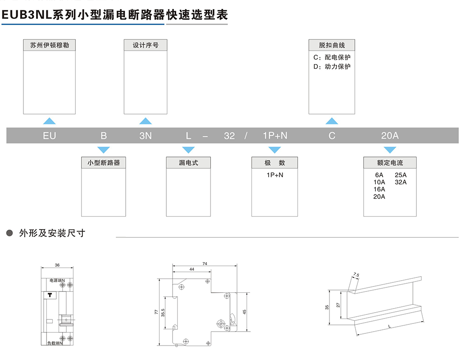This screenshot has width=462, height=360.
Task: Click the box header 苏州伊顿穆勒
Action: pyautogui.click(x=49, y=45)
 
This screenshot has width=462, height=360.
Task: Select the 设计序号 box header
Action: pyautogui.click(x=145, y=45)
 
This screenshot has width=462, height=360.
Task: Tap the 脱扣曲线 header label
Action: pyautogui.click(x=332, y=45)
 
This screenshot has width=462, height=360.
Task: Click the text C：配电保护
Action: pyautogui.click(x=332, y=57)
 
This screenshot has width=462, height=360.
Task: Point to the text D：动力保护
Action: pyautogui.click(x=332, y=67)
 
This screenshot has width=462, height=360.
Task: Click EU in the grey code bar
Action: pyautogui.click(x=49, y=136)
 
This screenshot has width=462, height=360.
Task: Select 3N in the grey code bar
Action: pyautogui.click(x=145, y=136)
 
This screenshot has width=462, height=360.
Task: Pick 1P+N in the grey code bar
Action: pyautogui.click(x=274, y=136)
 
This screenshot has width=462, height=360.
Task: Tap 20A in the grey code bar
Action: pyautogui.click(x=389, y=136)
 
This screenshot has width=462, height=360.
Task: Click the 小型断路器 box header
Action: pyautogui.click(x=104, y=162)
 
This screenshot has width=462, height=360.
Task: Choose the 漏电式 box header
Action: pyautogui.click(x=188, y=162)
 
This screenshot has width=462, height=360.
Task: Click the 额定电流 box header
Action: pyautogui.click(x=390, y=162)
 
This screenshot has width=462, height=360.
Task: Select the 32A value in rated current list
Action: pyautogui.click(x=401, y=182)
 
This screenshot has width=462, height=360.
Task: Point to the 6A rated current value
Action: pyautogui.click(x=379, y=175)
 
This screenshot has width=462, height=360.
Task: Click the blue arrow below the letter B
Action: pyautogui.click(x=104, y=150)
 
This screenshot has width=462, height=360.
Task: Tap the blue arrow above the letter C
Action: pyautogui.click(x=332, y=121)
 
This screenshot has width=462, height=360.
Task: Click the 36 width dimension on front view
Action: pyautogui.click(x=57, y=265)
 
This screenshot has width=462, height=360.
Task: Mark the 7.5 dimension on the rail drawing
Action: pyautogui.click(x=356, y=275)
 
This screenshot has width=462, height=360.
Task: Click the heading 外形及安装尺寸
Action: pyautogui.click(x=52, y=233)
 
